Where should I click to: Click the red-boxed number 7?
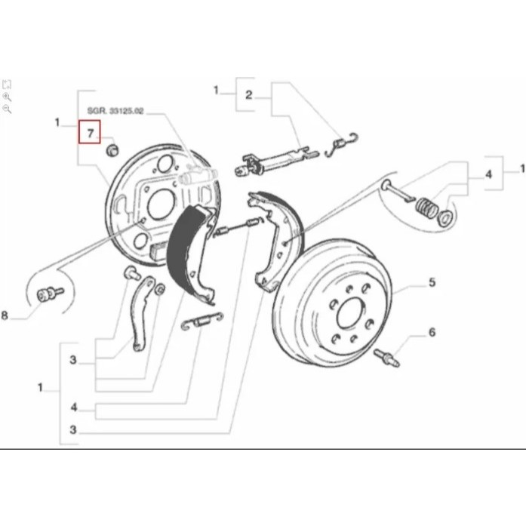click(90, 134)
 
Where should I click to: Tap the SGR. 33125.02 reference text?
click(115, 111)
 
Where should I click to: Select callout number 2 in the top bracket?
click(248, 95)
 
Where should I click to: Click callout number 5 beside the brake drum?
click(432, 282)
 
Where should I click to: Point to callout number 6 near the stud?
click(432, 333)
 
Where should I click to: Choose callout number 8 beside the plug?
click(5, 315)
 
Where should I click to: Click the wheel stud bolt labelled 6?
click(387, 357)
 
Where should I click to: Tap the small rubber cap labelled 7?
click(112, 149)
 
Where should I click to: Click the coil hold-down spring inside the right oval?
click(426, 208)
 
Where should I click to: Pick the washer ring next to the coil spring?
click(444, 218)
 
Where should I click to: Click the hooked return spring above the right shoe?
click(342, 144)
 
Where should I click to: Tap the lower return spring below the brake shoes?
click(202, 321)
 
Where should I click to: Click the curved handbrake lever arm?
click(142, 313)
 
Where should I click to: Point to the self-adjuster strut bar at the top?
click(275, 160)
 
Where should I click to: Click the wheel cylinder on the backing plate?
click(198, 175)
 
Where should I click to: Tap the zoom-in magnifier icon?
click(7, 97)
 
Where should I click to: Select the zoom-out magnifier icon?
click(7, 109)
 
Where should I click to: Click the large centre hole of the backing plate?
click(161, 204)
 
